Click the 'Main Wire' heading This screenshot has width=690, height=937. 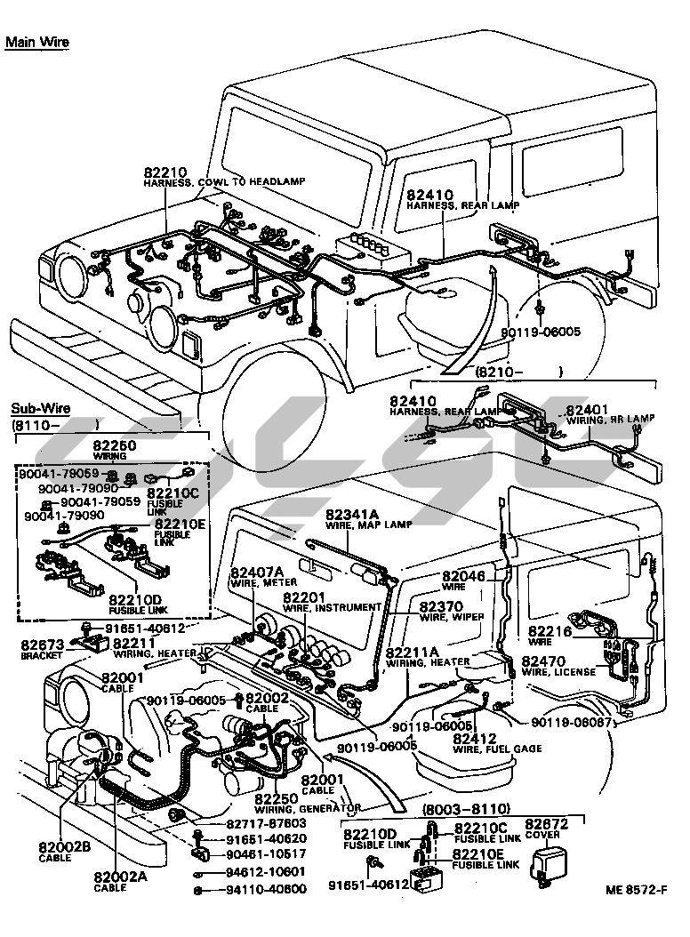click(x=36, y=42)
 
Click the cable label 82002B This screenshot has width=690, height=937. click(x=60, y=846)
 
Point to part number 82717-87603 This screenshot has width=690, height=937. click(x=249, y=823)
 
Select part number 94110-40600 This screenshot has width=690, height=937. click(x=249, y=888)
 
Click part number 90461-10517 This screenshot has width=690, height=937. click(x=249, y=854)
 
